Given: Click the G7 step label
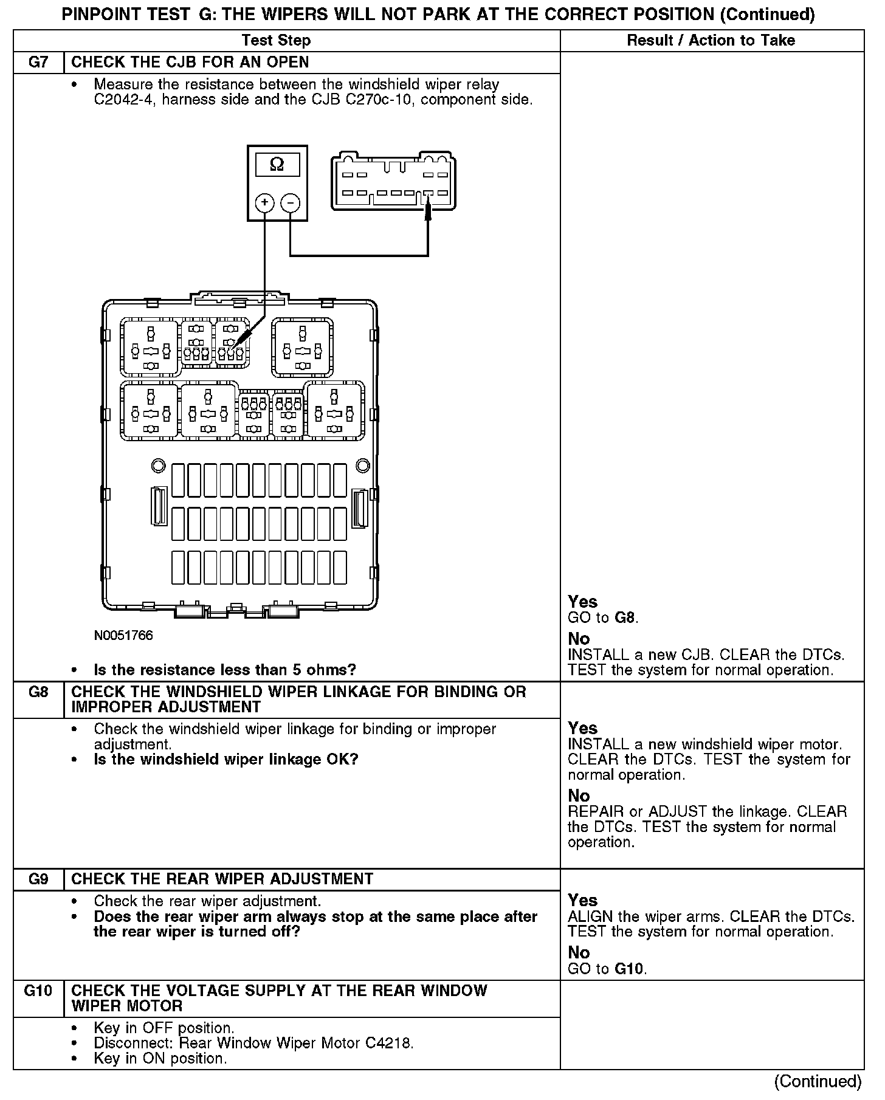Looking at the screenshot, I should [x=38, y=63].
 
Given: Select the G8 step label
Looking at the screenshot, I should [x=38, y=692].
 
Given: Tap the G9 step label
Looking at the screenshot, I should [x=38, y=879].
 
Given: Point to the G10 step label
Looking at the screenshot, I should [x=38, y=991].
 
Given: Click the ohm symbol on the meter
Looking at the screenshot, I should [x=277, y=165].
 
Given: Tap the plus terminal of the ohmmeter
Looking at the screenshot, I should [x=264, y=202].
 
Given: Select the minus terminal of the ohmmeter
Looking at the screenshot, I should [x=291, y=202].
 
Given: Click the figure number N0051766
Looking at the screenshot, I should [x=123, y=636].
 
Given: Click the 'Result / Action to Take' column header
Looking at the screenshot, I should [x=711, y=41].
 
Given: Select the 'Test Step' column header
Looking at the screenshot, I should [x=276, y=41].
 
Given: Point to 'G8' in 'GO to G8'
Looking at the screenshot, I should [x=625, y=619].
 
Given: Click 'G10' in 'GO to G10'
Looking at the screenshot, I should [x=630, y=969].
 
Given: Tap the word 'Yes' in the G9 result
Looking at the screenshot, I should [x=582, y=900].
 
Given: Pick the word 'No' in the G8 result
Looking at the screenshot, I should [x=579, y=796].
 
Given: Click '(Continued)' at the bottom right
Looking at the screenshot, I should [x=818, y=1082].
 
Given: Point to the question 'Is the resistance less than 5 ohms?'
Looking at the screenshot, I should [x=225, y=670].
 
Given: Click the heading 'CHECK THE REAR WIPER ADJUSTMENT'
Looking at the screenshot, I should [x=222, y=879].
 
